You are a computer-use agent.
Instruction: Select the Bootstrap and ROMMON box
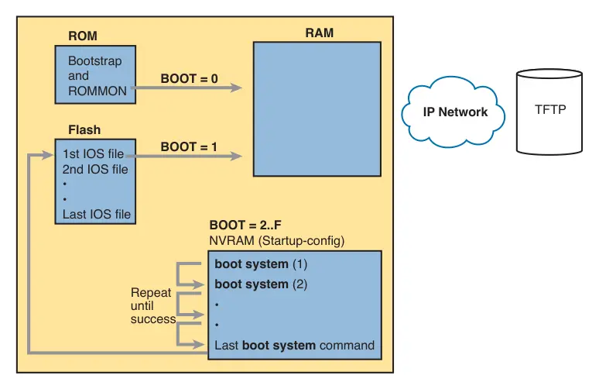pyautogui.click(x=95, y=74)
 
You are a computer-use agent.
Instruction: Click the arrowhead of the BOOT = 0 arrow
pyautogui.click(x=236, y=88)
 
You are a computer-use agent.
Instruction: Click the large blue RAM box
pyautogui.click(x=317, y=109)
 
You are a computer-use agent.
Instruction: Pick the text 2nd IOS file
pyautogui.click(x=95, y=168)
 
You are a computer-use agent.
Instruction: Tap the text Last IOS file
pyautogui.click(x=96, y=214)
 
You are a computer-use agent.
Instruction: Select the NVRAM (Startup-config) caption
pyautogui.click(x=276, y=241)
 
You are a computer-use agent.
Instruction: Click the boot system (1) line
pyautogui.click(x=261, y=264)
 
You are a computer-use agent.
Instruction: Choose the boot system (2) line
pyautogui.click(x=261, y=284)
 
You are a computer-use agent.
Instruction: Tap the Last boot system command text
pyautogui.click(x=294, y=345)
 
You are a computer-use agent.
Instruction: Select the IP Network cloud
pyautogui.click(x=454, y=112)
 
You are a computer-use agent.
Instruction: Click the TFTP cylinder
pyautogui.click(x=549, y=110)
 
